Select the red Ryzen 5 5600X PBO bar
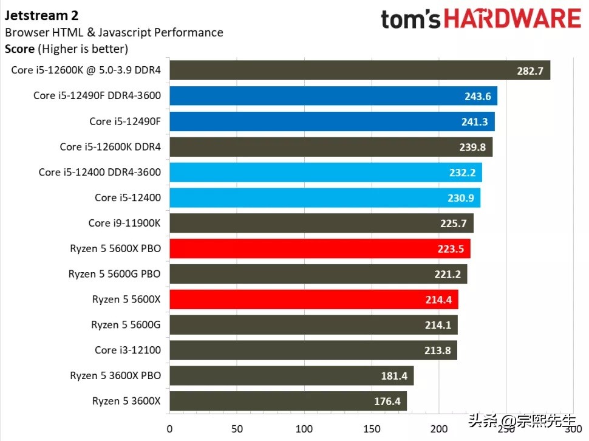pos(319,248)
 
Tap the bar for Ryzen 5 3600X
pos(288,401)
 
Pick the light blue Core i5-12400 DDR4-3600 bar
pos(325,172)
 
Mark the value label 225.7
pos(454,224)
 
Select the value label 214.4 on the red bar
pos(438,299)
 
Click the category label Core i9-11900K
pos(124,223)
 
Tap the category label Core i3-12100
pos(128,350)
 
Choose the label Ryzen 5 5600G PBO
pos(115,274)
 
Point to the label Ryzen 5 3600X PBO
pos(115,375)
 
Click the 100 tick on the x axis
pos(304,429)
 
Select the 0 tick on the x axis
pos(169,429)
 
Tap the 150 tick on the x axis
pos(372,429)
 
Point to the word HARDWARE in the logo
pos(512,19)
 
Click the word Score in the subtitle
pos(19,49)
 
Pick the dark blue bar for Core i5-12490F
pos(332,121)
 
